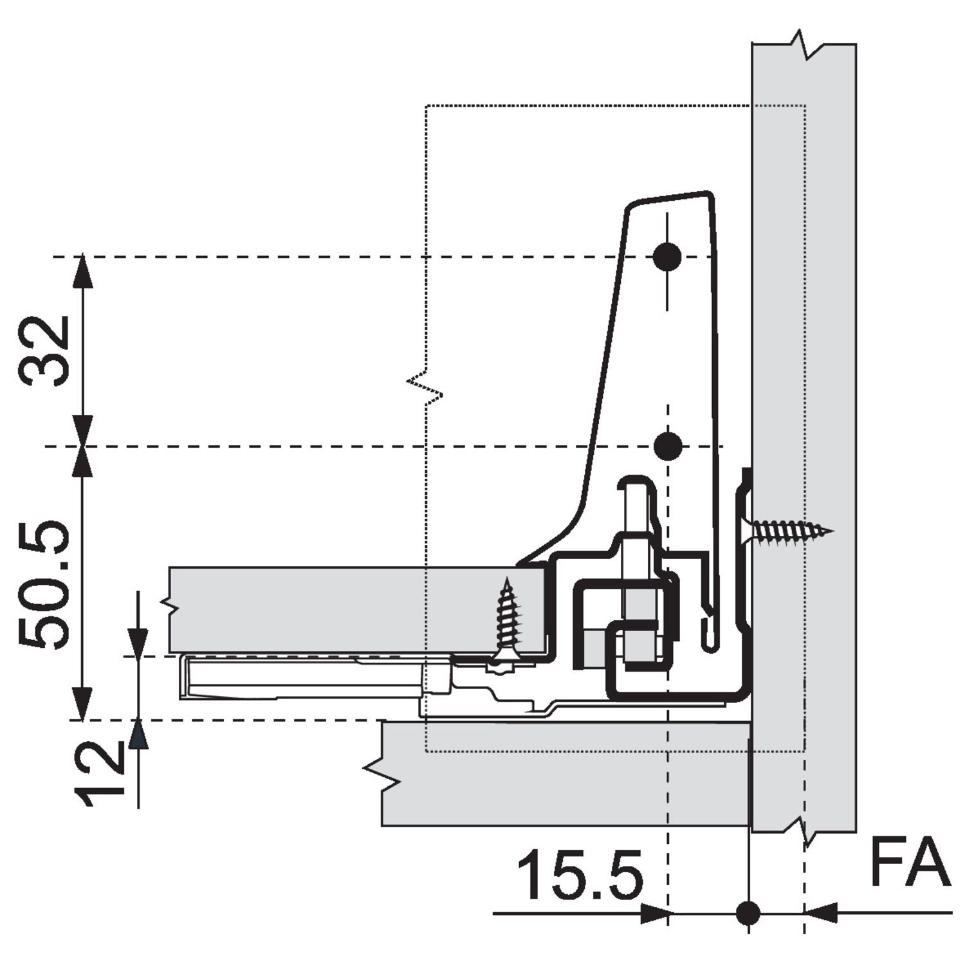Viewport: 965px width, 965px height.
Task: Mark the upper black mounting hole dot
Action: (x=667, y=257)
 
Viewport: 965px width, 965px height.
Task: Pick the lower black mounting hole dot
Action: (x=668, y=446)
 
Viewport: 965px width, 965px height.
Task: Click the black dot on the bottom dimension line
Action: (x=748, y=912)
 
